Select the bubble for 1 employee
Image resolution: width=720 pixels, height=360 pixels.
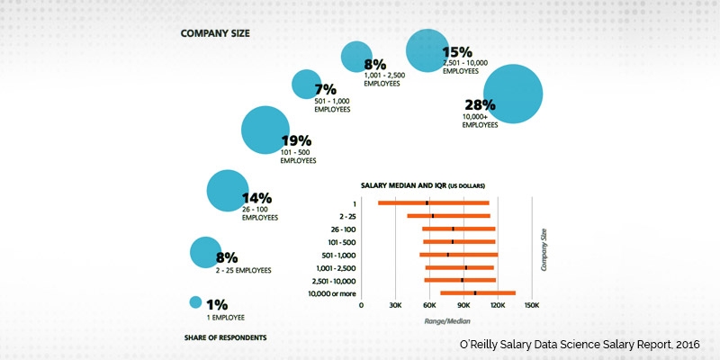pyautogui.click(x=194, y=303)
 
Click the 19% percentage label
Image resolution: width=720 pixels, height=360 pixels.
pyautogui.click(x=296, y=140)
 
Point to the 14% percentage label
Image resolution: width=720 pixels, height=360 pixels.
pyautogui.click(x=256, y=198)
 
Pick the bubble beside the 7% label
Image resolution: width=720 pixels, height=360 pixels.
pyautogui.click(x=306, y=85)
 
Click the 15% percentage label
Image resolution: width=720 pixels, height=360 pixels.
pyautogui.click(x=457, y=53)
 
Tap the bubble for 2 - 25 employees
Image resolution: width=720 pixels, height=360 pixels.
pyautogui.click(x=205, y=253)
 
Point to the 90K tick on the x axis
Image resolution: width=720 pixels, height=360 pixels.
pyautogui.click(x=463, y=305)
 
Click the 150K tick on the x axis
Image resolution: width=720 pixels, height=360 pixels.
pyautogui.click(x=531, y=305)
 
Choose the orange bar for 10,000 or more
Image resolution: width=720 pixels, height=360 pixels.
pyautogui.click(x=477, y=292)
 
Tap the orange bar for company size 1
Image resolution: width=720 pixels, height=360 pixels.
pyautogui.click(x=433, y=203)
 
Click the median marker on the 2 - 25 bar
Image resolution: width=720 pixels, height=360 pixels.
pyautogui.click(x=433, y=216)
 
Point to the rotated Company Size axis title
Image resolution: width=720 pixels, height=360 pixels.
pyautogui.click(x=543, y=249)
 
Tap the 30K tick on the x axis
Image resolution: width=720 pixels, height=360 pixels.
pyautogui.click(x=394, y=305)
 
